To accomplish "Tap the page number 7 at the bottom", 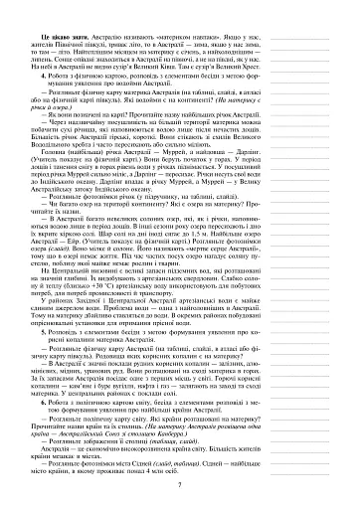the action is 176,481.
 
